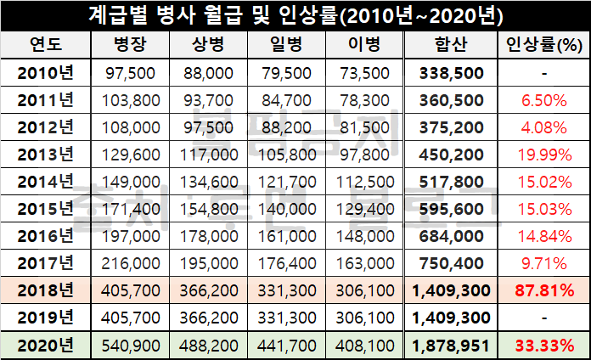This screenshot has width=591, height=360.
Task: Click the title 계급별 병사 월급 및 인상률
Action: pos(295,15)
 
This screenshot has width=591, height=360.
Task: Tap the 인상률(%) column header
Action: pos(543,45)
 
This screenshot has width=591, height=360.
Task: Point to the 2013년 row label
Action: pos(46,155)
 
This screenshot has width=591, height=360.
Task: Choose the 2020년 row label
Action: pos(46,346)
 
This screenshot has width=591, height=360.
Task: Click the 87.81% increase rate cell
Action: pos(543,291)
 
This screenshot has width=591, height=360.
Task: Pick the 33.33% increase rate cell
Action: pos(543,346)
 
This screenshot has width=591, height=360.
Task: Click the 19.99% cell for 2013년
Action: pos(543,155)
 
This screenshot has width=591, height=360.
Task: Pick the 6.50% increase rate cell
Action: pos(543,100)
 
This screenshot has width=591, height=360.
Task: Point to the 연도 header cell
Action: pos(46,45)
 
